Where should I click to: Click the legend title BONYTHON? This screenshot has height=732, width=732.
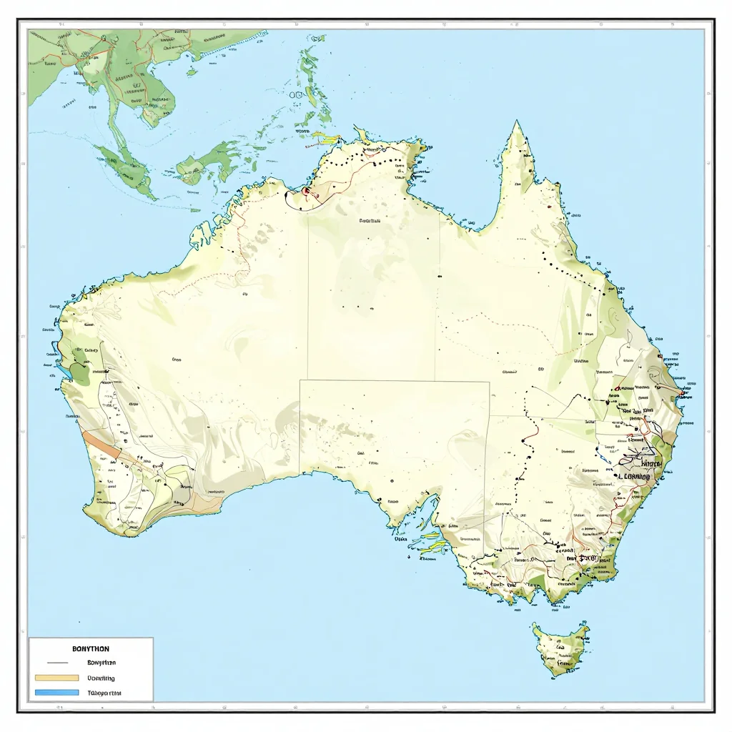(x=91, y=648)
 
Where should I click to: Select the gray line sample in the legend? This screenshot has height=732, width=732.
(x=56, y=663)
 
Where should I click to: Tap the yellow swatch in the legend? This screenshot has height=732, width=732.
(x=56, y=678)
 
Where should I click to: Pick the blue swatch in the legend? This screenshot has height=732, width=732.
(x=56, y=693)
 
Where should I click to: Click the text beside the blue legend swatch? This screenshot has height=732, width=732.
(x=104, y=693)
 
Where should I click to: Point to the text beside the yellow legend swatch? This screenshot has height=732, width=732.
(x=101, y=678)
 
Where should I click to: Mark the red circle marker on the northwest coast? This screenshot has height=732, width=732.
(x=307, y=191)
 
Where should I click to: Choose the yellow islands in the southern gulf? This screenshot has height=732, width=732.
(x=430, y=542)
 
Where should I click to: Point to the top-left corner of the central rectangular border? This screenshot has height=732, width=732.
(x=300, y=380)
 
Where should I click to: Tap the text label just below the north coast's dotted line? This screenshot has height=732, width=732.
(x=370, y=222)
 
